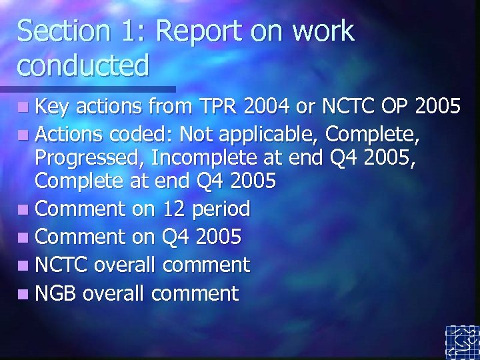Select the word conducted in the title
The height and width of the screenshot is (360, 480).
tap(83, 65)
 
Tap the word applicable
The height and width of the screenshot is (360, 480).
tap(269, 136)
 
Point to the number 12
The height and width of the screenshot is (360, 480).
tap(175, 209)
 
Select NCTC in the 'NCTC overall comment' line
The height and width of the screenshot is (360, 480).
tap(61, 265)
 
